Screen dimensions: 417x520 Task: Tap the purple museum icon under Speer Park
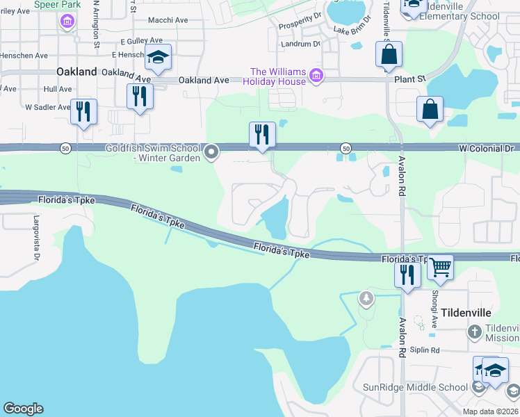pyautogui.click(x=67, y=23)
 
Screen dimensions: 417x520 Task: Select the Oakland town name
pyautogui.click(x=76, y=72)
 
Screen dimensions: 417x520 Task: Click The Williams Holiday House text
pyautogui.click(x=278, y=76)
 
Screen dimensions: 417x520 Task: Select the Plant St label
pyautogui.click(x=409, y=80)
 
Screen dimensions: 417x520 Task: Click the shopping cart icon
pyautogui.click(x=439, y=266)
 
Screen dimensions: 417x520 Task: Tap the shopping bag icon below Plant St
pyautogui.click(x=430, y=109)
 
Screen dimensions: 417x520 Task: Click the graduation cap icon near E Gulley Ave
pyautogui.click(x=159, y=57)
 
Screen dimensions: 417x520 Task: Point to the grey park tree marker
pyautogui.click(x=366, y=299)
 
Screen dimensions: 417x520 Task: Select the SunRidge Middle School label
pyautogui.click(x=416, y=387)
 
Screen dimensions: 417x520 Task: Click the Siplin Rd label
pyautogui.click(x=425, y=350)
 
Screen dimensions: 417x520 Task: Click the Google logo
pyautogui.click(x=23, y=409)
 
